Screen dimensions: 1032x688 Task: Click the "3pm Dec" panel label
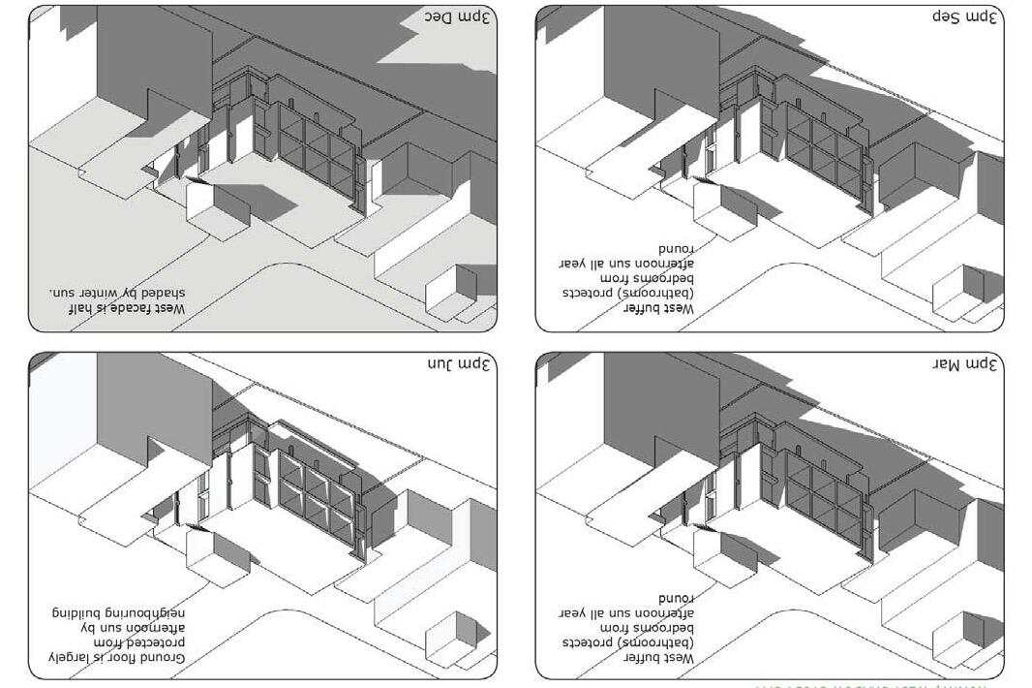tap(460, 17)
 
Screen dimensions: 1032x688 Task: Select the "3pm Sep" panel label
tap(967, 17)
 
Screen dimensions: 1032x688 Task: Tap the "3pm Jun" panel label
tap(460, 365)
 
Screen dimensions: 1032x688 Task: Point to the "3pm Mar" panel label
tap(966, 365)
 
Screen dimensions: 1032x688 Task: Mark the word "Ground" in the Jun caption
tap(162, 659)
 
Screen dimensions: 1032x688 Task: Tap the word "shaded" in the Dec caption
tap(164, 292)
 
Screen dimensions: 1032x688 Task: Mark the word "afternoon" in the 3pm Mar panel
tap(667, 613)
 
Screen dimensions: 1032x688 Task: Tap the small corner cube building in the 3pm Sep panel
tap(958, 288)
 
